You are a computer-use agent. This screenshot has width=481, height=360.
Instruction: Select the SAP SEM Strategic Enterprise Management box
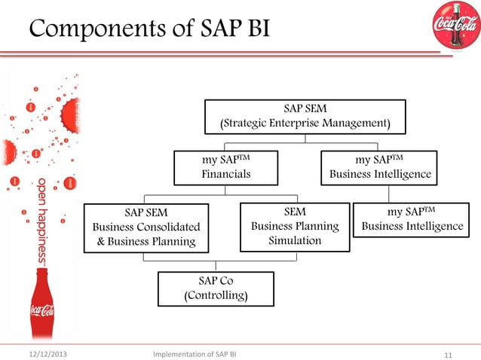[x=305, y=116]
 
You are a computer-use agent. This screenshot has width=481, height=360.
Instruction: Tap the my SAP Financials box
[x=225, y=167]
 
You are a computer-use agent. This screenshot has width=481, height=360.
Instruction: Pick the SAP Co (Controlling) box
[x=216, y=288]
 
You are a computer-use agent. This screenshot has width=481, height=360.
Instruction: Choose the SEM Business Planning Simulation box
[x=295, y=227]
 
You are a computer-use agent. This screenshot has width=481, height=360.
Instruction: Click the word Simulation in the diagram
[x=295, y=241]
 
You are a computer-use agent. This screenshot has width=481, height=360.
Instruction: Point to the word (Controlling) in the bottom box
[x=216, y=296]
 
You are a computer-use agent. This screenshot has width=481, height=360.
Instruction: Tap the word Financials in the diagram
[x=225, y=175]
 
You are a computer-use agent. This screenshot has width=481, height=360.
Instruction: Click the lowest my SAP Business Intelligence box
[x=412, y=219]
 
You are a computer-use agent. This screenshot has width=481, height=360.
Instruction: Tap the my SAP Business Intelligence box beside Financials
[x=379, y=167]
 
